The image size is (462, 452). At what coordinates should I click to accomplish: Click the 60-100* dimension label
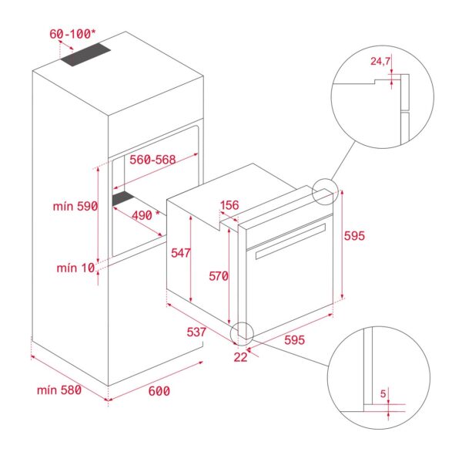[x=74, y=35]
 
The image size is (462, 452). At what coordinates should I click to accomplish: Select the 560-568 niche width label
[x=152, y=160]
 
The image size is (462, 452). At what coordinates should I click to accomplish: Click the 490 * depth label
[x=144, y=216]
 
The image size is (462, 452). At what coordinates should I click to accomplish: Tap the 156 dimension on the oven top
[x=229, y=205]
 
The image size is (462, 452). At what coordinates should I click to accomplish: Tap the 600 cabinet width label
[x=159, y=391]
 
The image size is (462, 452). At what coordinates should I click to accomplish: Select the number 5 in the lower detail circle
[x=383, y=394]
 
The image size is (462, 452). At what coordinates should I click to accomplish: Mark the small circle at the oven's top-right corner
[x=326, y=191]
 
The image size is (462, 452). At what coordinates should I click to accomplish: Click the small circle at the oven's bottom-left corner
[x=241, y=332]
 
